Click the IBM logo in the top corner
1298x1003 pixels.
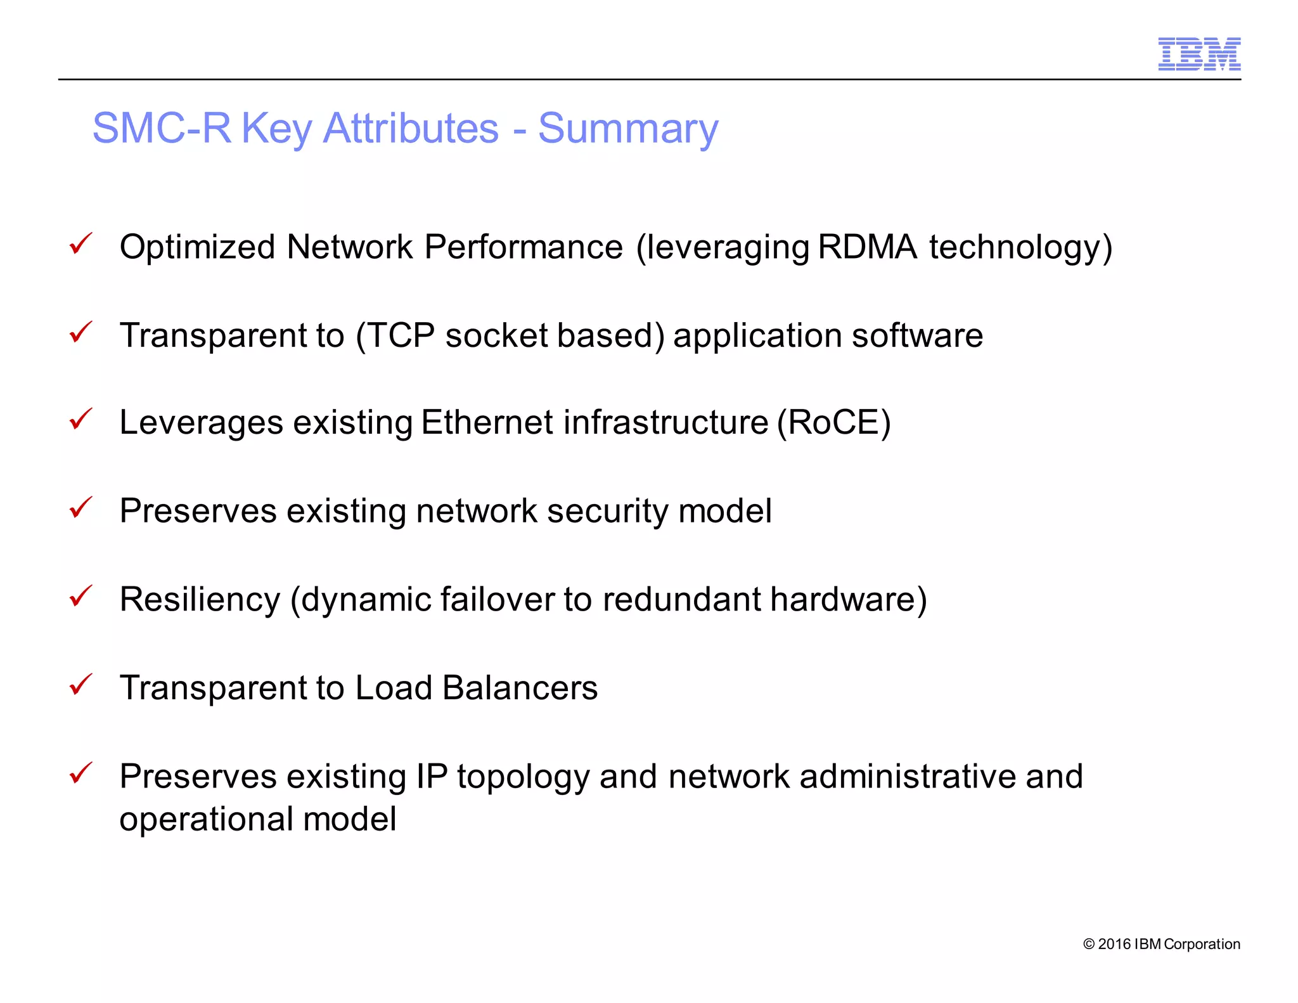pos(1198,54)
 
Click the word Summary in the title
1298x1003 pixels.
pos(628,129)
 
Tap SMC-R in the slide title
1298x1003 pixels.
pos(162,129)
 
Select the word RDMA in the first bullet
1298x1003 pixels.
pos(867,247)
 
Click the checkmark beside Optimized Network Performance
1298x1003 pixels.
pos(80,243)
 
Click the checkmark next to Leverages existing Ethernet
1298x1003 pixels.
pos(80,419)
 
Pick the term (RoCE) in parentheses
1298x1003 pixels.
pos(834,423)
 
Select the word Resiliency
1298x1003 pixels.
pos(200,600)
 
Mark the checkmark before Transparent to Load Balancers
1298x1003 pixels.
pos(80,685)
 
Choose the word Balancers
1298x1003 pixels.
pos(520,688)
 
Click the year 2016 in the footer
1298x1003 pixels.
pos(1114,944)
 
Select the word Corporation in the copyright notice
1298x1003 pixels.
pos(1202,944)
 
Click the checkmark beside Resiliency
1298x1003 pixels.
pos(80,596)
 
